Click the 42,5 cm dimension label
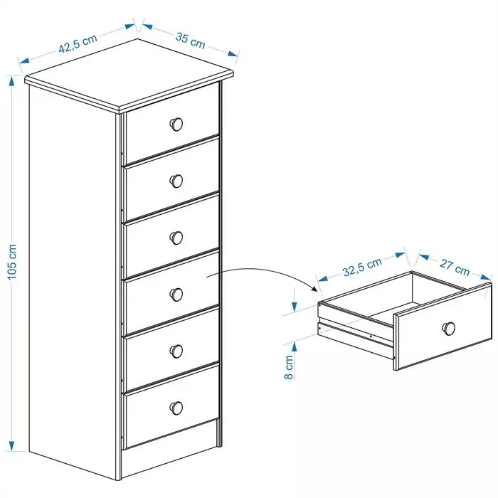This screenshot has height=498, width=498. point(78,43)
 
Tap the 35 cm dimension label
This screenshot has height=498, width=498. point(190,41)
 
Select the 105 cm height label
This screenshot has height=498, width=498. point(12,262)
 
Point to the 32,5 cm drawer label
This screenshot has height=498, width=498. point(362,267)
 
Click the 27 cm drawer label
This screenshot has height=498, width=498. point(455,267)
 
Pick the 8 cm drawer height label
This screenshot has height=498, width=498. point(288,367)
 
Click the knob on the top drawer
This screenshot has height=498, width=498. point(176,124)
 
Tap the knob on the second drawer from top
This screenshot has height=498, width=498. point(176,181)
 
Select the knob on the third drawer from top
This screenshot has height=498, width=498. point(176,238)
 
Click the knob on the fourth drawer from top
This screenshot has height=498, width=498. point(176,295)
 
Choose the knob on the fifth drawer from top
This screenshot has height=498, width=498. point(176,351)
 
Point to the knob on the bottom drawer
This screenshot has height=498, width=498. point(176,408)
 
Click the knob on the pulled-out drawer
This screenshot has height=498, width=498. point(449,329)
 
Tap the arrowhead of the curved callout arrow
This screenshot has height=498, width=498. point(314,288)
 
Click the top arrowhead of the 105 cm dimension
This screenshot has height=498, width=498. point(12,81)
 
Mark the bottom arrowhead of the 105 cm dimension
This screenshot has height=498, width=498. point(12,446)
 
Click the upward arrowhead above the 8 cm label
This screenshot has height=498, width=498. point(295,347)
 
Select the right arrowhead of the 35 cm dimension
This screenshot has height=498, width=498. point(233,53)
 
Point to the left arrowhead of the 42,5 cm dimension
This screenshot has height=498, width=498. point(24,60)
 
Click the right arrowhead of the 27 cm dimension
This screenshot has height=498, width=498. point(486,277)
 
